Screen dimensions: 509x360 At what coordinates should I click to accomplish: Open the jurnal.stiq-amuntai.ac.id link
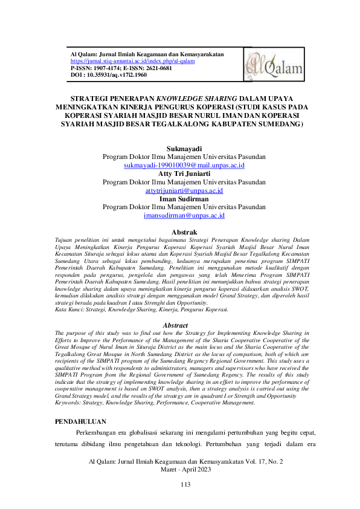(x=132, y=61)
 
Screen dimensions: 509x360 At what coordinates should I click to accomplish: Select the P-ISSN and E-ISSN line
(x=121, y=68)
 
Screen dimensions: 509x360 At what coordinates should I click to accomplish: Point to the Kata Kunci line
(x=141, y=310)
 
